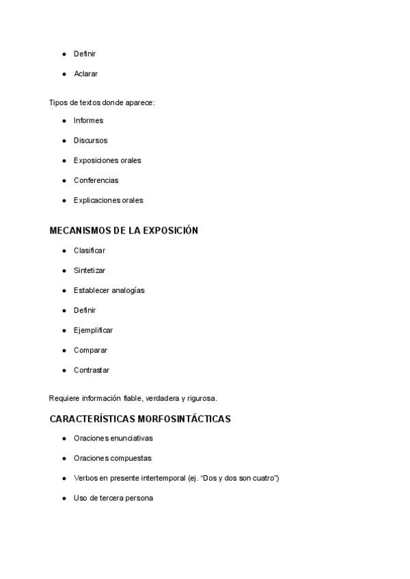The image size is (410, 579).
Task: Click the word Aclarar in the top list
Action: [86, 73]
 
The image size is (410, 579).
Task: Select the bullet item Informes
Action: [88, 121]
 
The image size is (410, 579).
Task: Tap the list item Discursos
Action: [90, 141]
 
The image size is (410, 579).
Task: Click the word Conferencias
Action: [96, 180]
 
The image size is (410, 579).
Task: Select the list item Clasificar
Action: [90, 251]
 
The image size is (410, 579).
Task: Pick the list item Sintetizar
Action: [90, 270]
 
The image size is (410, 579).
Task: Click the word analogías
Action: [128, 290]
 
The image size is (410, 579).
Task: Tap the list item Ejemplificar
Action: [94, 330]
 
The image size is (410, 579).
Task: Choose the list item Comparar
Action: [90, 350]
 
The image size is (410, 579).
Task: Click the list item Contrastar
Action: [92, 370]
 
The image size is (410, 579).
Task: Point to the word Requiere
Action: [64, 398]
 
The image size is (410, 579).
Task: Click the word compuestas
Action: [131, 458]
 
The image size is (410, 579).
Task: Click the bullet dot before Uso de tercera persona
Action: [64, 498]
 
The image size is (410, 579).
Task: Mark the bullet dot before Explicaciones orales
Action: [64, 201]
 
